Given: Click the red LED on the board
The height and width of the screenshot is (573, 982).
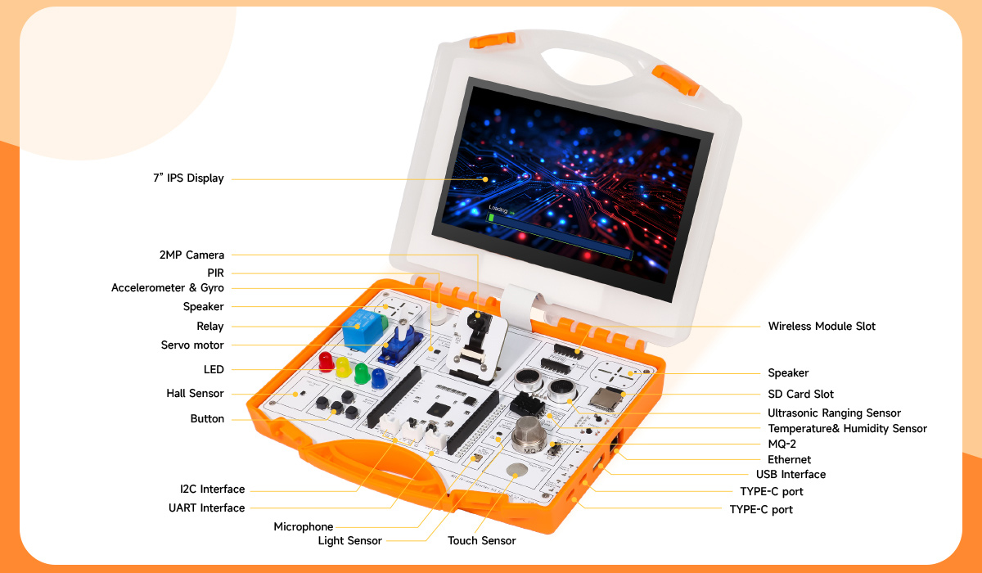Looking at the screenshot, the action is pyautogui.click(x=326, y=362).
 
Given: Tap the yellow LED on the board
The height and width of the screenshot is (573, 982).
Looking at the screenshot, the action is pyautogui.click(x=343, y=368).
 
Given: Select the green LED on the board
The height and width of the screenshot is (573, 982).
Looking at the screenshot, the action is pyautogui.click(x=361, y=373).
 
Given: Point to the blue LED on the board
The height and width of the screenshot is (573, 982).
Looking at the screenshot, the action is pyautogui.click(x=379, y=379).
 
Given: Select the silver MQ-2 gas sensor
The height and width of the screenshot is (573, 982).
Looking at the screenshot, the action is pyautogui.click(x=529, y=435).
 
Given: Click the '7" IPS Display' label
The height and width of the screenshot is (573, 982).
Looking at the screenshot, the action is pyautogui.click(x=188, y=178).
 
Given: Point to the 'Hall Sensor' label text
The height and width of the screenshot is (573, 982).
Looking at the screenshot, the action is pyautogui.click(x=195, y=393).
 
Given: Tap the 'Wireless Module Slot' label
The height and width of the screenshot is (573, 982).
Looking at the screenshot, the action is pyautogui.click(x=822, y=326).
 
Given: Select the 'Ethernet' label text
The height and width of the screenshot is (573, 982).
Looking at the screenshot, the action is pyautogui.click(x=789, y=459).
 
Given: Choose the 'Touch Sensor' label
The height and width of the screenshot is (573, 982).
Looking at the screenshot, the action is pyautogui.click(x=481, y=540).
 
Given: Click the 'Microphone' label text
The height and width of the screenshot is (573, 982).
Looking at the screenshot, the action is pyautogui.click(x=304, y=526).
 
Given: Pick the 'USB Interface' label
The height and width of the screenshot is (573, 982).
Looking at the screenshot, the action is pyautogui.click(x=791, y=474).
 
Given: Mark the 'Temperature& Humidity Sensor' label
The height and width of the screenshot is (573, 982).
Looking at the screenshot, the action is pyautogui.click(x=848, y=428).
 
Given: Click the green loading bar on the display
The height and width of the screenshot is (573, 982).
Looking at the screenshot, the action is pyautogui.click(x=492, y=218).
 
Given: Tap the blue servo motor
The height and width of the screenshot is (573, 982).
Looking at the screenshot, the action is pyautogui.click(x=400, y=344).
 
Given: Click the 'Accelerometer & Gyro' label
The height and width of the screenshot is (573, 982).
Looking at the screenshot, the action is pyautogui.click(x=168, y=287).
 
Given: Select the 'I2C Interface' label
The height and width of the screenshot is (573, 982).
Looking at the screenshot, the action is pyautogui.click(x=212, y=489).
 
